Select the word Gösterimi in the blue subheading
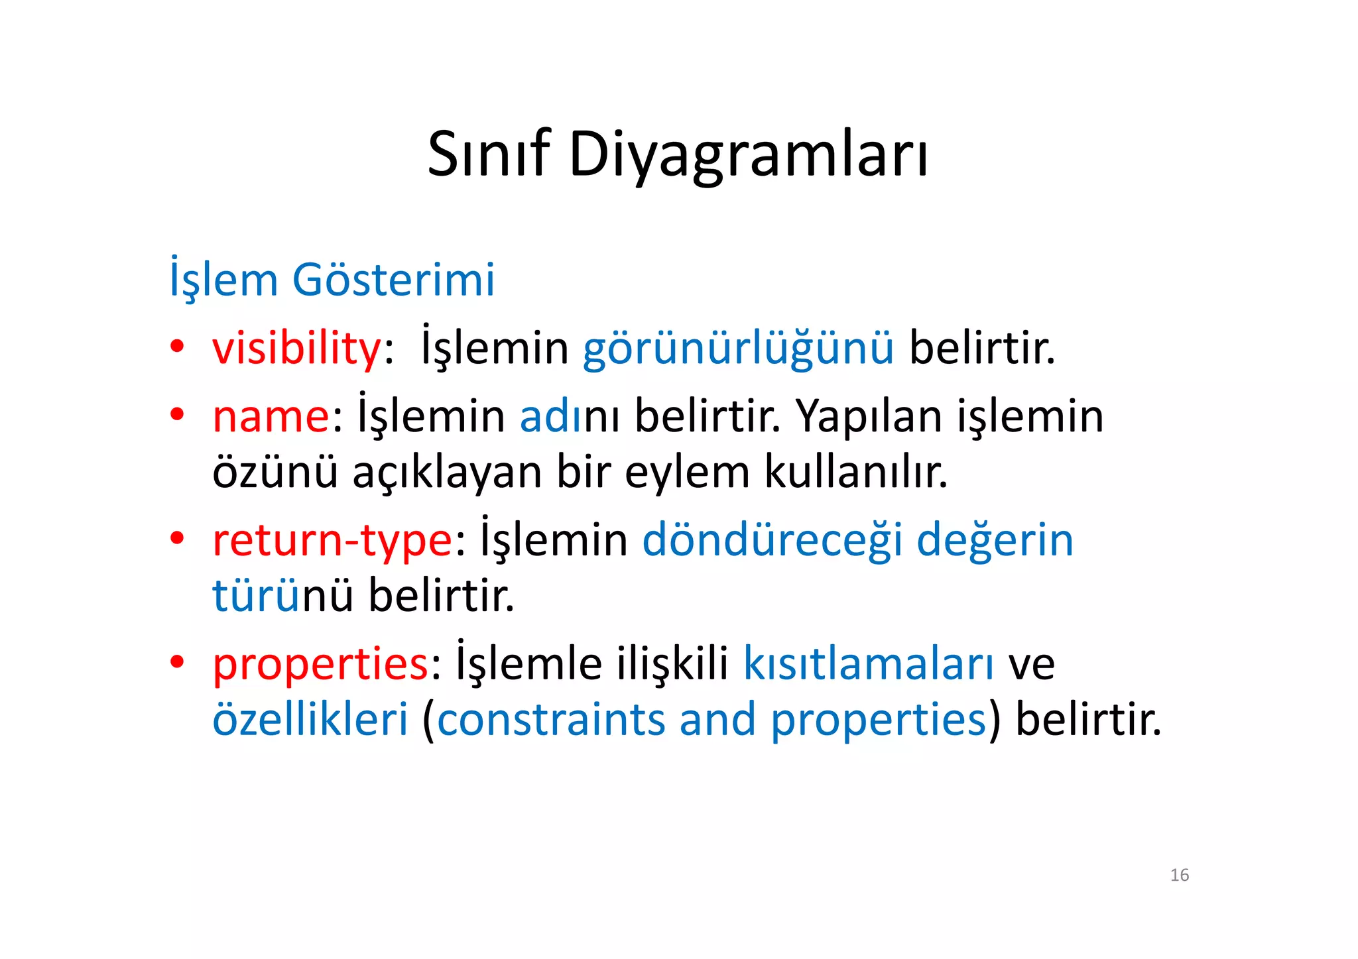[x=393, y=280]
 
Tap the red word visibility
[x=296, y=349]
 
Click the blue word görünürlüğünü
[x=738, y=350]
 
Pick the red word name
[x=271, y=417]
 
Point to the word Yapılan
[x=868, y=418]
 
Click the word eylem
[x=687, y=473]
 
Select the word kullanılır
[x=856, y=472]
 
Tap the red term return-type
[x=332, y=541]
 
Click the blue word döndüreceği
[x=772, y=539]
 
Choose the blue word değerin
[x=995, y=539]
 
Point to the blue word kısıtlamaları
[x=868, y=663]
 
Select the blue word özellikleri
[x=310, y=720]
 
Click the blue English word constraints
[x=550, y=720]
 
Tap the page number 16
[x=1179, y=875]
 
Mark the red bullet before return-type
[x=176, y=537]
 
